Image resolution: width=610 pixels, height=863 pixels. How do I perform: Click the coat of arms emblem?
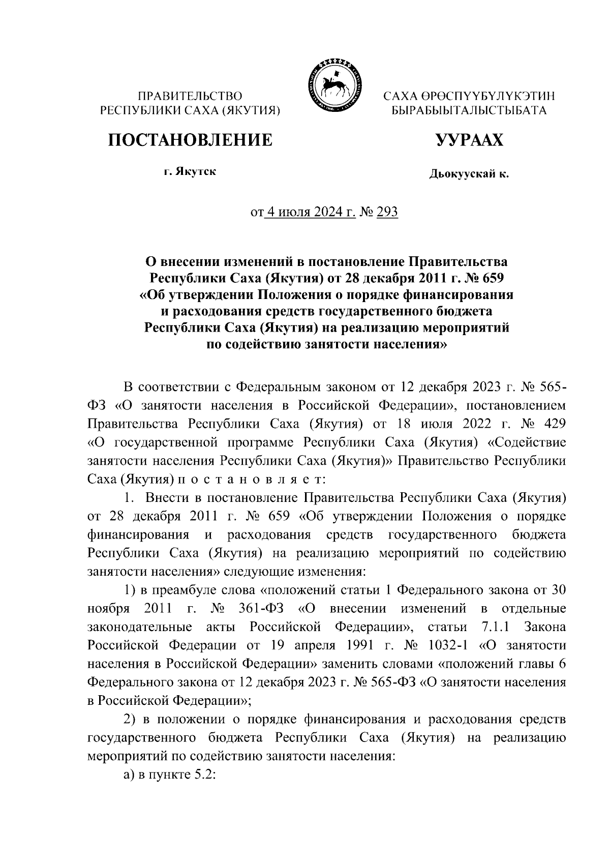[x=333, y=84]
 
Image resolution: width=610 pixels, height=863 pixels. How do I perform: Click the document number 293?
[x=387, y=212]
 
